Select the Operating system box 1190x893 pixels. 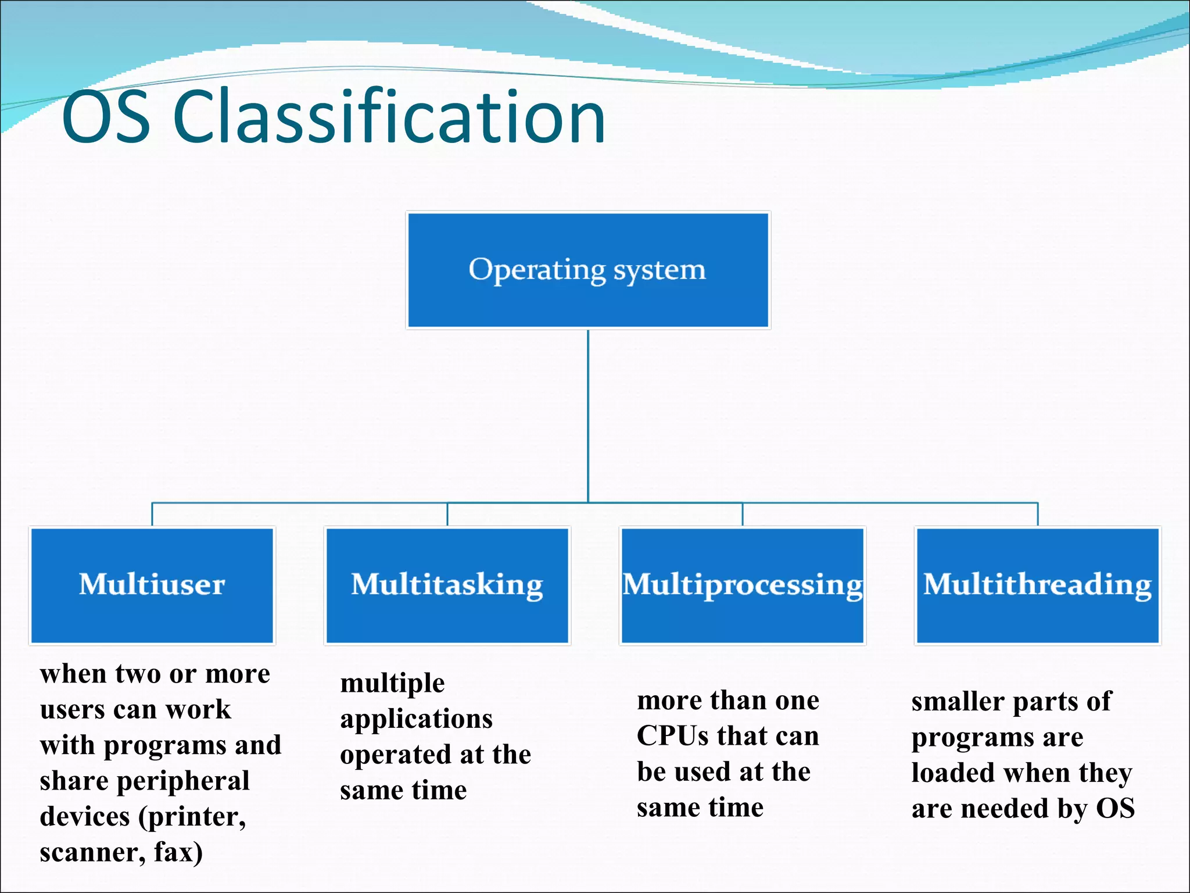pos(587,270)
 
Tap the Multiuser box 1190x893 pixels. pos(152,585)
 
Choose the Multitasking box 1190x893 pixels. pos(447,585)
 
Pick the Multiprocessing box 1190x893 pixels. pos(742,585)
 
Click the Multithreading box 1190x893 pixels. pos(1037,585)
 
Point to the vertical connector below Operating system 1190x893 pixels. pos(588,416)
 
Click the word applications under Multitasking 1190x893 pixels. pos(416,720)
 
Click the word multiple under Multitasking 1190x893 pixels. pos(392,684)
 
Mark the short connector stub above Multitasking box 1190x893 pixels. pos(447,514)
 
